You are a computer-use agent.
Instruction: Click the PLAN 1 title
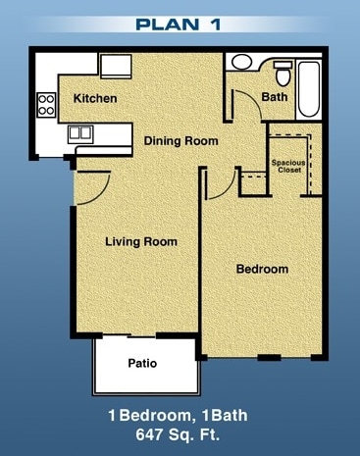(x=180, y=23)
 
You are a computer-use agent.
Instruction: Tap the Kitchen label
(x=95, y=99)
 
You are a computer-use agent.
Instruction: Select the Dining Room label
(x=180, y=141)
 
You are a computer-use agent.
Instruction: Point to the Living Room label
(x=141, y=241)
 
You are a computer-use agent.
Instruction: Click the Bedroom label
(x=262, y=269)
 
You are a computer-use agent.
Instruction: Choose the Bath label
(x=274, y=97)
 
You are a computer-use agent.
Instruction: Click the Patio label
(x=143, y=364)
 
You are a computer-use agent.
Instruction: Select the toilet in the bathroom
(x=283, y=72)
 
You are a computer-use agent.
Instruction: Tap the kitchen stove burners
(x=45, y=100)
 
